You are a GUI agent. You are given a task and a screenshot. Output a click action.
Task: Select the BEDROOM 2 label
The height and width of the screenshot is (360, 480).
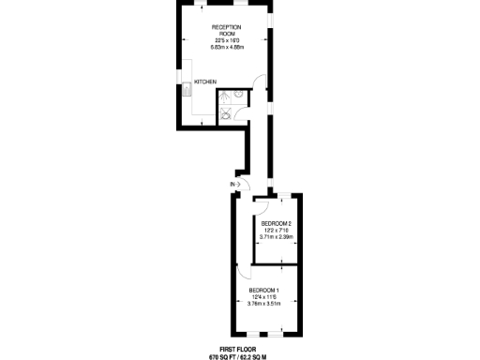coord(276,223)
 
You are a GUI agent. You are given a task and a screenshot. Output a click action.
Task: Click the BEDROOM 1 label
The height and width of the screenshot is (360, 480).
coord(264,291)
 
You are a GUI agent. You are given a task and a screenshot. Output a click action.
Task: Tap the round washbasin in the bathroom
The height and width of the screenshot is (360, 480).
coord(239,94)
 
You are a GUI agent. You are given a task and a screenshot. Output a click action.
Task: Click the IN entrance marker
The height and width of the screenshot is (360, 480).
coord(232,185)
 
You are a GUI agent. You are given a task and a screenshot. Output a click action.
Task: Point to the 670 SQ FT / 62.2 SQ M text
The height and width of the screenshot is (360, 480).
coord(238,356)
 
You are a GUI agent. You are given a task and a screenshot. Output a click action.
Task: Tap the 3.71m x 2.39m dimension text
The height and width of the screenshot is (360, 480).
coord(276,237)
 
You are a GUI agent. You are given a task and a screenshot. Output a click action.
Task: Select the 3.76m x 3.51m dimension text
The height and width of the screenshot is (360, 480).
coord(264,304)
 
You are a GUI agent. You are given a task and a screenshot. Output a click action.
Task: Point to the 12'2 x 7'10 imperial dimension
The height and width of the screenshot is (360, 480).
coord(276,231)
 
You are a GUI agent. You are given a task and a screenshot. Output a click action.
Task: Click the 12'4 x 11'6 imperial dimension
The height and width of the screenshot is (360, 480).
coord(264,297)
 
